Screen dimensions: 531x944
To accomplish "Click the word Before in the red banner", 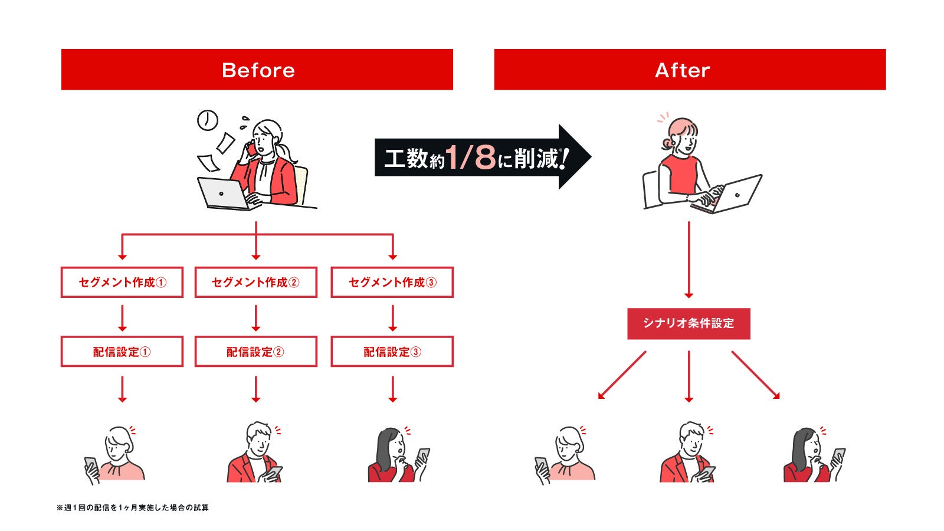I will point(258,70).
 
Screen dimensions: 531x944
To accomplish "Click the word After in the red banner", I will point(682,70).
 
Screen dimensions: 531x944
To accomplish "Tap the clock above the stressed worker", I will point(207,120).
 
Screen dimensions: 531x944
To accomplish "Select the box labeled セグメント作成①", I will point(122,282).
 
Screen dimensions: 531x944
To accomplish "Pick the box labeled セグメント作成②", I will point(255,282).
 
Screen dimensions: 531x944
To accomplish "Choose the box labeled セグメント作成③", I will point(392,282).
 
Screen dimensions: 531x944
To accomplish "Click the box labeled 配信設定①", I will point(122,352).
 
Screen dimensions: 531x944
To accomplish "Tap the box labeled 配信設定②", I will point(255,352).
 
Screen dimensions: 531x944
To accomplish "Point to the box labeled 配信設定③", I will point(392,352).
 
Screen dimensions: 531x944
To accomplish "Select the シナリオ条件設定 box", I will point(689,323).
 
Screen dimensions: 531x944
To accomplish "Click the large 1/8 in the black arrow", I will point(470,157).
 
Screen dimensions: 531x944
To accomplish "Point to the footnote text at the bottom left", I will point(133,507).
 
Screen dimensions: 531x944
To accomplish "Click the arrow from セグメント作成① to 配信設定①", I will point(122,317).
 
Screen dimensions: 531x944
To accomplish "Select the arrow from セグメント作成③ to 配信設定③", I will point(392,317).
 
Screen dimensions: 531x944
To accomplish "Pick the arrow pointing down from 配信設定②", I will point(255,389).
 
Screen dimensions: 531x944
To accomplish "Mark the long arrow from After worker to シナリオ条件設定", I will point(689,260).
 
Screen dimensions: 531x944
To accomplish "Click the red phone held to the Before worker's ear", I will point(253,149).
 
